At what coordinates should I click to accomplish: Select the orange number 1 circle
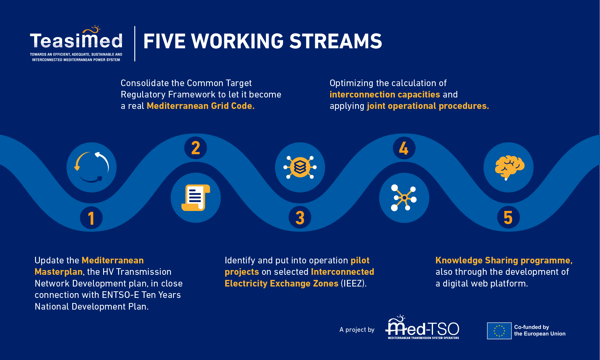(x=91, y=218)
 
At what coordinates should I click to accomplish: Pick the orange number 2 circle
(x=196, y=148)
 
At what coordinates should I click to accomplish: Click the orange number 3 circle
(x=300, y=217)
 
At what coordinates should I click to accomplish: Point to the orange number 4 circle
(x=404, y=148)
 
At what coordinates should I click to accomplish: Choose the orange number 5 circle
(x=508, y=217)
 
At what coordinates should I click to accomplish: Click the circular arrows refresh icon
(x=91, y=167)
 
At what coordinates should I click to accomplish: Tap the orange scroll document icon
(x=196, y=198)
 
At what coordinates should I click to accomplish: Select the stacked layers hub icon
(x=300, y=167)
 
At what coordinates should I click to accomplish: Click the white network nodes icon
(x=404, y=198)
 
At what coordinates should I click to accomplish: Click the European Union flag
(x=499, y=331)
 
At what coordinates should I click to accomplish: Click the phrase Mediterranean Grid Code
(x=201, y=106)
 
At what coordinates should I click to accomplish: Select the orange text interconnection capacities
(x=385, y=94)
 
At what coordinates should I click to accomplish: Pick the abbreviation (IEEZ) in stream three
(x=354, y=283)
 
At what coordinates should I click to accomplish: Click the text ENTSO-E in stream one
(x=121, y=295)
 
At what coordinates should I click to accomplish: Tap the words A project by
(x=357, y=330)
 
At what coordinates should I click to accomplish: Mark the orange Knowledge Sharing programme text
(x=504, y=260)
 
